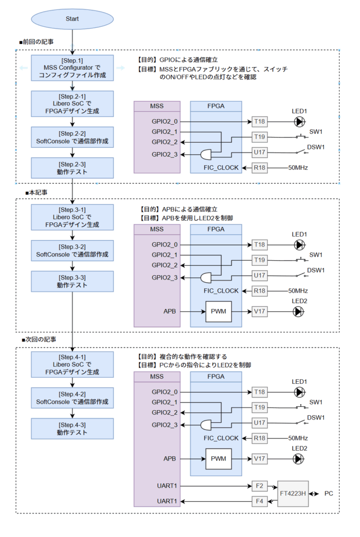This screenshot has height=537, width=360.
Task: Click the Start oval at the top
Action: click(72, 18)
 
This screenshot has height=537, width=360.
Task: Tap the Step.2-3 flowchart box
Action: click(72, 168)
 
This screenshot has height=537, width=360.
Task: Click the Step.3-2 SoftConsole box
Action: click(72, 251)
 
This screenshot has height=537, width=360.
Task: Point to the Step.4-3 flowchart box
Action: click(72, 428)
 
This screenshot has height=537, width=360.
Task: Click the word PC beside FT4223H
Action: click(328, 494)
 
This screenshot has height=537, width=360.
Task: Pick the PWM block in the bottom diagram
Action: click(218, 459)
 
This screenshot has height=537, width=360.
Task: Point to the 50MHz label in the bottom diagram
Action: click(297, 438)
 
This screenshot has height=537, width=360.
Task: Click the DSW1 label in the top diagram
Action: click(315, 147)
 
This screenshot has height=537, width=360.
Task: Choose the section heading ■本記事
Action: click(36, 192)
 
